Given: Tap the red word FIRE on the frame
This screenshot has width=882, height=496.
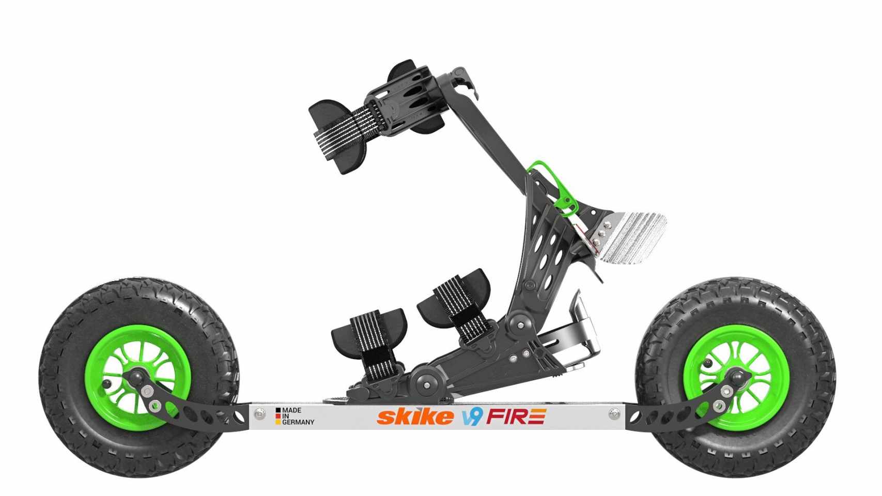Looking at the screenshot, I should [516, 416].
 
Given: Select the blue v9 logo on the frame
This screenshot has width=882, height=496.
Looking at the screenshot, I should [472, 416].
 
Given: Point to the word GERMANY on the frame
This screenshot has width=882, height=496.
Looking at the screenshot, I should [298, 422].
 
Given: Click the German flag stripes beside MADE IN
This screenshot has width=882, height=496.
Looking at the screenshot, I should [278, 416].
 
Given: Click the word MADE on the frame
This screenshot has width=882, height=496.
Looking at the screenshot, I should [291, 410].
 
